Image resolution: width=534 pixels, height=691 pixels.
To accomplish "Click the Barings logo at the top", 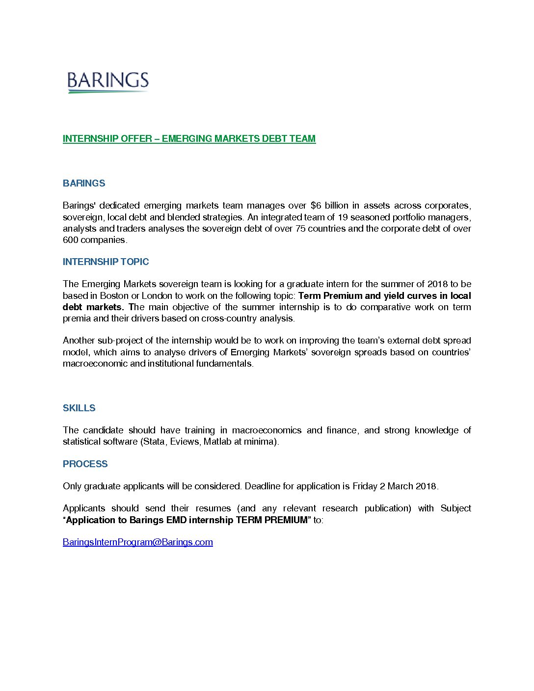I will tap(107, 81).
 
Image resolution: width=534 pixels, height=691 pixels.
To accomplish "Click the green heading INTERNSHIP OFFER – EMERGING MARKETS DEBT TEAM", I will tap(189, 139).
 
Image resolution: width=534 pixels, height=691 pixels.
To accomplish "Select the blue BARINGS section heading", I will tap(84, 184).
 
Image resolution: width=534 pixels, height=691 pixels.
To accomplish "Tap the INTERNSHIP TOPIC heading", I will tap(106, 262).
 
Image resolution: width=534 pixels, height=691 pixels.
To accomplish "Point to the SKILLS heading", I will tap(79, 408).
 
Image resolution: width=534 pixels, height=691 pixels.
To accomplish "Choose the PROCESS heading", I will tap(85, 464).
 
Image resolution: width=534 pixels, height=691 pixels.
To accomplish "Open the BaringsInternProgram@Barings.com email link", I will tap(137, 542).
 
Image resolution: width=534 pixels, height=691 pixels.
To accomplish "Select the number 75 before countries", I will tap(300, 229).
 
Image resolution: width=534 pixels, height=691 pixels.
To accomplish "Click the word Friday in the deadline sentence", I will tap(364, 486).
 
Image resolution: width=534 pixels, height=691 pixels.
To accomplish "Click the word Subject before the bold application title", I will tap(455, 508).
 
